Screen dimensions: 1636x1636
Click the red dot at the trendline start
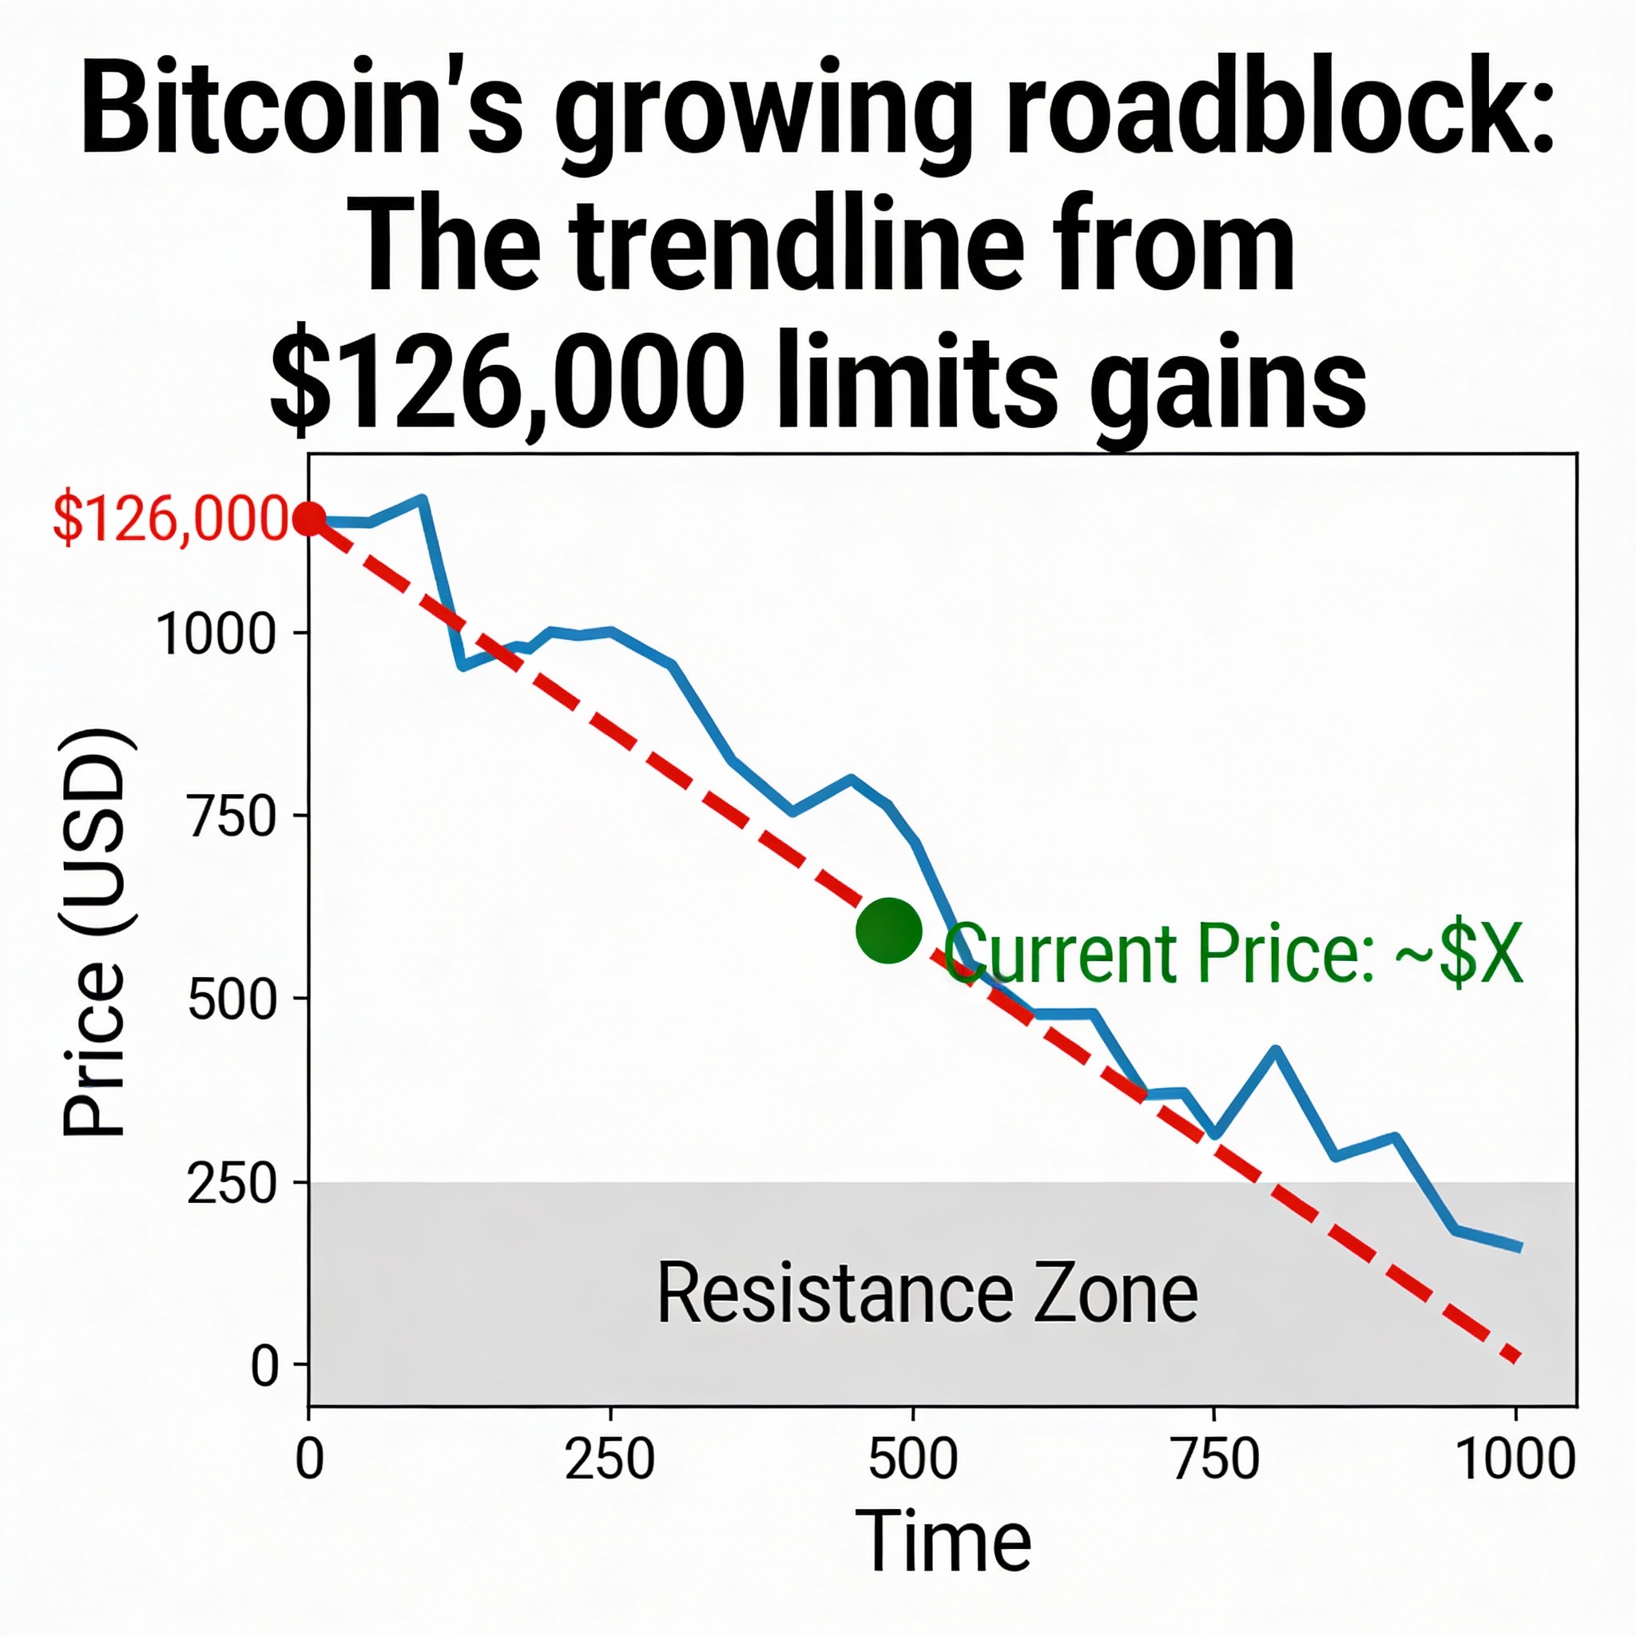309,518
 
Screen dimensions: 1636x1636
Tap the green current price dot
888,931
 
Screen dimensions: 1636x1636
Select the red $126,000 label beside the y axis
170,518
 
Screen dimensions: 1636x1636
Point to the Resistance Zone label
927,1294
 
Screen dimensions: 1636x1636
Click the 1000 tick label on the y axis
216,634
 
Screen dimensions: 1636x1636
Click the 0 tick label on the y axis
264,1366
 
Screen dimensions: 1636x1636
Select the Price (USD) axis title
95,931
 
